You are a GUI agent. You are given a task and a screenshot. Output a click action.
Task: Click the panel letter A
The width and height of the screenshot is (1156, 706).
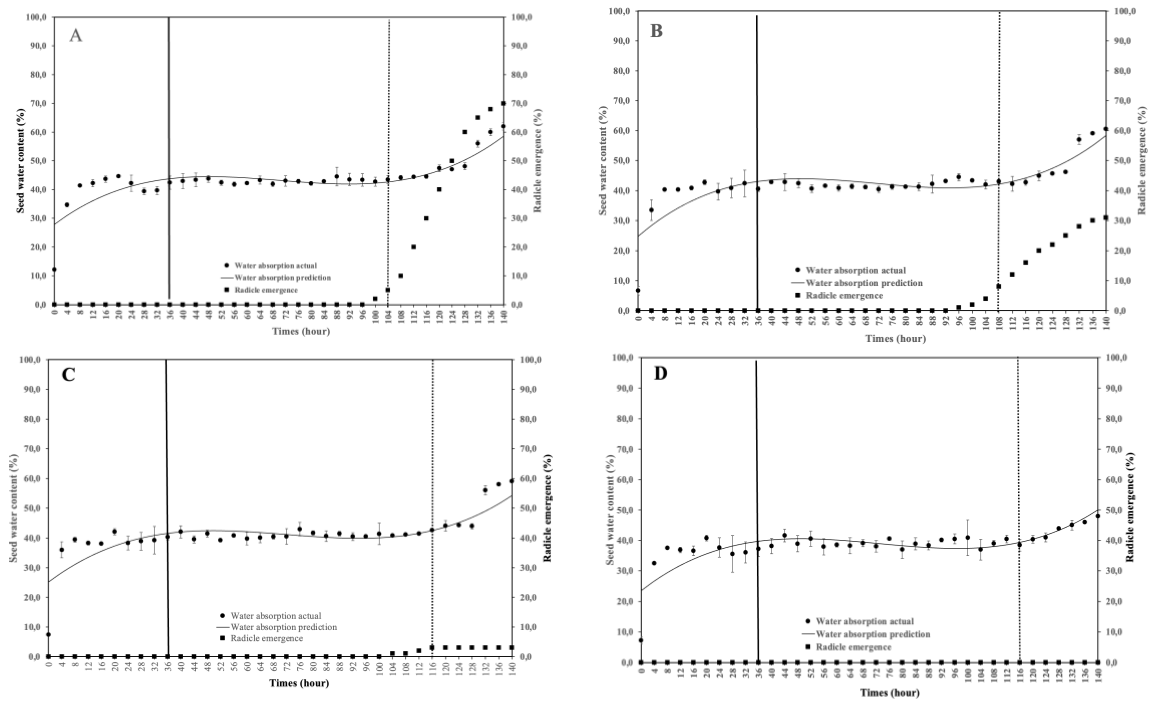tap(76, 35)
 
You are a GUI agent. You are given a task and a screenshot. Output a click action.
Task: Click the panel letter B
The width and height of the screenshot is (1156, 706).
tap(656, 31)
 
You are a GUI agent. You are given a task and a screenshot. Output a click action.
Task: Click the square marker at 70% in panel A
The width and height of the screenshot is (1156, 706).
tap(504, 103)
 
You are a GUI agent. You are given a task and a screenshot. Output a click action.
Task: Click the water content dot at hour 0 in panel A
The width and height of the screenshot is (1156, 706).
tap(54, 269)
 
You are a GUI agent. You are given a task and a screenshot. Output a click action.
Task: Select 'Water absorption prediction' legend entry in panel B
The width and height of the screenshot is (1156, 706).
tap(864, 283)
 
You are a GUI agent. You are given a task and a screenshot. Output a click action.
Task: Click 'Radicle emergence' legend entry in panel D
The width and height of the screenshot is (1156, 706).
tap(853, 647)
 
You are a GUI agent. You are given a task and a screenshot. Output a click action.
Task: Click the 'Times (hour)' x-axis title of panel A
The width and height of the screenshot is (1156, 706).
tap(301, 331)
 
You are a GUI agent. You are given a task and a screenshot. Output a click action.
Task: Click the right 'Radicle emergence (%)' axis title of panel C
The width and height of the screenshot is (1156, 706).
tap(547, 508)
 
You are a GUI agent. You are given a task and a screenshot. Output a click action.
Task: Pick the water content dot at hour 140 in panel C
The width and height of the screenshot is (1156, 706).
tap(512, 481)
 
